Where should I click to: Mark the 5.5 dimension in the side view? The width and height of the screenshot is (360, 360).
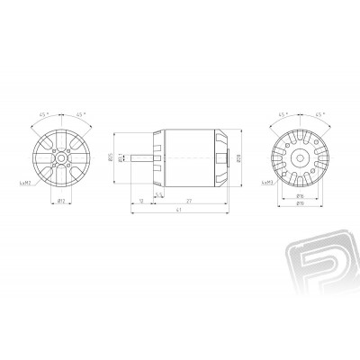(x=159, y=192)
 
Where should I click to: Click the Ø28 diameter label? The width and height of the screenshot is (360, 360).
(x=249, y=158)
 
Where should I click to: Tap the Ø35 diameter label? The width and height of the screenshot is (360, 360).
(x=126, y=157)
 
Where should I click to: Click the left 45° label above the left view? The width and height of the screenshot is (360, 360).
(x=45, y=115)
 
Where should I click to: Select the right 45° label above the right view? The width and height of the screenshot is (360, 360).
(x=312, y=115)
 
